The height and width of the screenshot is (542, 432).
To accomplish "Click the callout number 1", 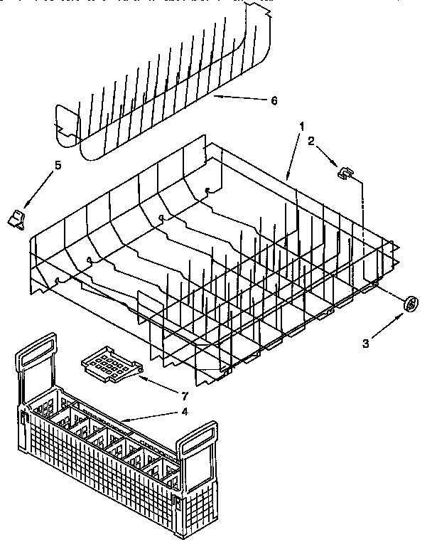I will (x=302, y=125).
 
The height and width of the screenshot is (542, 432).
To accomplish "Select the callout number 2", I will (x=310, y=141).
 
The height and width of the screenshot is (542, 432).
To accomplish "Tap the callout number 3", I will (x=365, y=344).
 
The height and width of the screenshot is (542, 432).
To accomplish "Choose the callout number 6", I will (x=274, y=100).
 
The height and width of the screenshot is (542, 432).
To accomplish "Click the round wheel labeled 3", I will (x=410, y=304).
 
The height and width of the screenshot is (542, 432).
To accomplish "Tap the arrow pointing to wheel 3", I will (x=387, y=324).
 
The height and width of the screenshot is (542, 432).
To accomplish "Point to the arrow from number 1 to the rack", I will (x=293, y=152).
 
